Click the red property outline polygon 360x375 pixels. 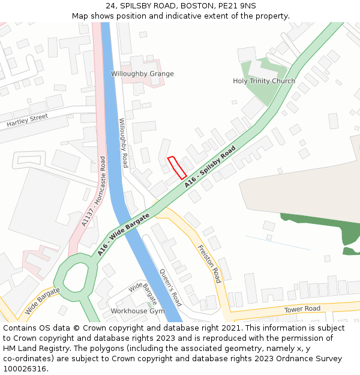(x=176, y=167)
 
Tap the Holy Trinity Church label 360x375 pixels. (x=264, y=81)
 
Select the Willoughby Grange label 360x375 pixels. (x=142, y=74)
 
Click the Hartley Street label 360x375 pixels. (x=27, y=120)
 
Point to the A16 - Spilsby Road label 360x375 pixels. (x=210, y=167)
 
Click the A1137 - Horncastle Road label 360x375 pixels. (x=93, y=191)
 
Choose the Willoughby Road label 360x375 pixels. (x=124, y=142)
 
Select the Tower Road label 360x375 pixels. (x=303, y=309)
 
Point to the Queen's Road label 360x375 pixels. (x=170, y=287)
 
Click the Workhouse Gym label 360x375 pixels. (x=137, y=311)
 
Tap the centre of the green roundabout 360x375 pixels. (x=76, y=277)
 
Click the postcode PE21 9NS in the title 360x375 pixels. (x=236, y=6)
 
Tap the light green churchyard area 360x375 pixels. (x=262, y=93)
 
